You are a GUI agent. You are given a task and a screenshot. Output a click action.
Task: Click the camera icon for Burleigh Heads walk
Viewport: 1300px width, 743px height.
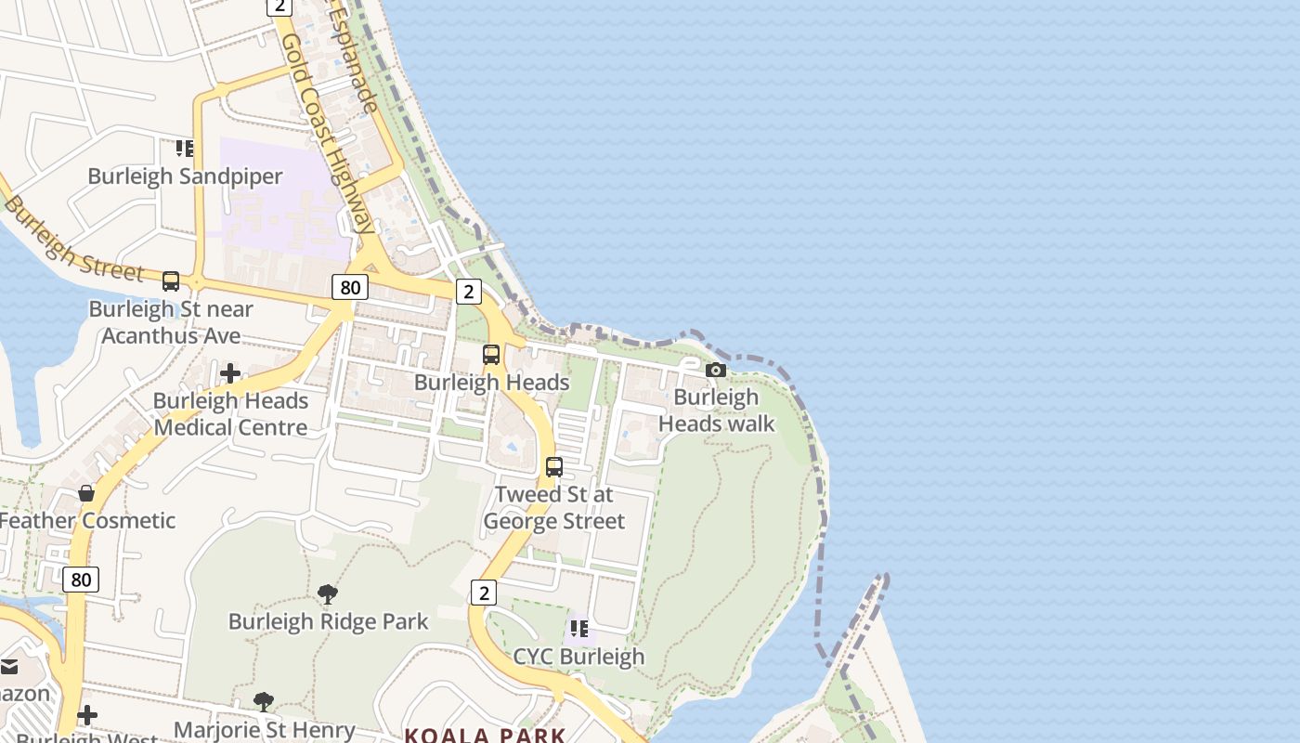click(x=715, y=370)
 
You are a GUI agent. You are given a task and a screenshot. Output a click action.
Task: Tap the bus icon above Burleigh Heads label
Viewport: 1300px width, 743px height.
click(x=491, y=355)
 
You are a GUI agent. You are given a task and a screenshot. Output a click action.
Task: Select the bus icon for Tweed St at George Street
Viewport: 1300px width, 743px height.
click(x=554, y=466)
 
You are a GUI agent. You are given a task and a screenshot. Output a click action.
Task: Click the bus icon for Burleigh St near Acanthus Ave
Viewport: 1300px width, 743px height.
click(x=171, y=280)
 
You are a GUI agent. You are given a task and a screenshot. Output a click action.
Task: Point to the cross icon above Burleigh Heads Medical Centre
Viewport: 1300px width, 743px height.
click(x=230, y=373)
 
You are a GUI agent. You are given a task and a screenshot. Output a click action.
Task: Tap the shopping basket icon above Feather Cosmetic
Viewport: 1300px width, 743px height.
click(x=86, y=492)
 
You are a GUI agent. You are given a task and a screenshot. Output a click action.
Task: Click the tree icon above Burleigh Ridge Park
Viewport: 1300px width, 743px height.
click(x=327, y=593)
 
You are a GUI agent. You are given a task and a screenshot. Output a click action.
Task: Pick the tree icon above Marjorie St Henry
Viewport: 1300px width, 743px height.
click(x=264, y=701)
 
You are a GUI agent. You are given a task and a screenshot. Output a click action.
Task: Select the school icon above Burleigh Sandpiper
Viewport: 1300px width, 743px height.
click(x=185, y=148)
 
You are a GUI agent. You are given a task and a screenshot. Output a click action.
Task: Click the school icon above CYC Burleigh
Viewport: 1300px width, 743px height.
click(x=579, y=629)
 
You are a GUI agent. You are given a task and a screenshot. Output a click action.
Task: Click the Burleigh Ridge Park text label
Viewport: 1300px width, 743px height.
click(x=329, y=621)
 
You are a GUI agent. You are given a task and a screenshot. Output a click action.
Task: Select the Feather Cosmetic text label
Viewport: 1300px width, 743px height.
click(x=87, y=520)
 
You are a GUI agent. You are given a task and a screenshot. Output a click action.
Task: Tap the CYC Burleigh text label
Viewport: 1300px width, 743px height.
click(x=578, y=657)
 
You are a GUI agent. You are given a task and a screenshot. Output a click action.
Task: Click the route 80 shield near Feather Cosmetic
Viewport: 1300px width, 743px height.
click(x=82, y=580)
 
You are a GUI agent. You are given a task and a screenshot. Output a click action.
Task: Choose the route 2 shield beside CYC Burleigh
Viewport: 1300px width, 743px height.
click(x=483, y=593)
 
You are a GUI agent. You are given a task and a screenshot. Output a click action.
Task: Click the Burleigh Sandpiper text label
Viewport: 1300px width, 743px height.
click(x=185, y=176)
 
